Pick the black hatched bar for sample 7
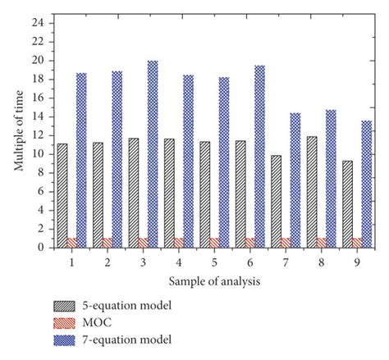coord(277,201)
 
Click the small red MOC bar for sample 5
coord(215,243)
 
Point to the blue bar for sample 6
coord(259,156)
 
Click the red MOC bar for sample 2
coord(108,243)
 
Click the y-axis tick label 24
coord(37,23)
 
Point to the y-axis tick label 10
coord(37,153)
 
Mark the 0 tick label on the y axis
coord(39,247)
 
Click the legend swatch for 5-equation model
coord(71,308)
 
